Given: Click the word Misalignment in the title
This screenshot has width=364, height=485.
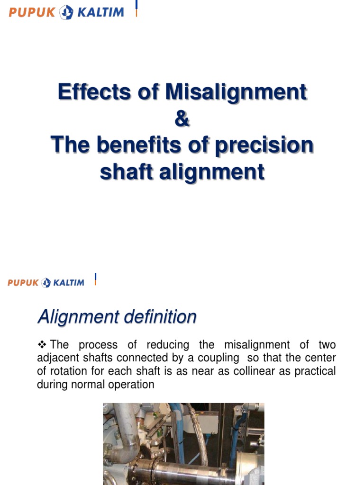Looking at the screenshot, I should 236,92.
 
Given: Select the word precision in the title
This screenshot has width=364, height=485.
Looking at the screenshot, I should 264,145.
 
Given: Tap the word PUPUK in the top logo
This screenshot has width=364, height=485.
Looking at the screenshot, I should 32,12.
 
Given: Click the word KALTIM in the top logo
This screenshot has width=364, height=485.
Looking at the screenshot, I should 100,12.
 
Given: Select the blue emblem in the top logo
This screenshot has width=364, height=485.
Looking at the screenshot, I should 66,12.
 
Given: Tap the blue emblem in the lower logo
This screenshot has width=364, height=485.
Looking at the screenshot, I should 46,283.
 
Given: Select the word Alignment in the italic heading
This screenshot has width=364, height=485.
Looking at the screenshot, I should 76,316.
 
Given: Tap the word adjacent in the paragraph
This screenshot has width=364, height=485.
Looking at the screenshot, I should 58,358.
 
